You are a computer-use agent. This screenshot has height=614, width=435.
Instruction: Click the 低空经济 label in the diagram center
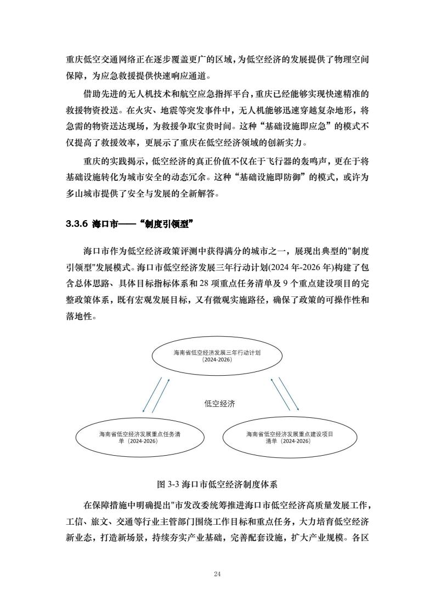click(x=220, y=404)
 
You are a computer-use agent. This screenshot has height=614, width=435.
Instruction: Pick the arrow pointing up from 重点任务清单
click(x=161, y=395)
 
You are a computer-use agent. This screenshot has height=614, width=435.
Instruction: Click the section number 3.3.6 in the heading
click(x=77, y=224)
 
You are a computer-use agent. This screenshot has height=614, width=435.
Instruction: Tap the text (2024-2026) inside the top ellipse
click(x=217, y=360)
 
